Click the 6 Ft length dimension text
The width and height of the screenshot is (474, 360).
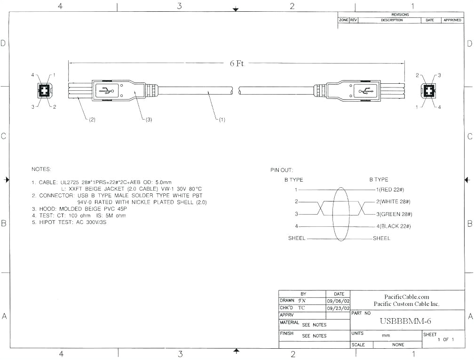237,63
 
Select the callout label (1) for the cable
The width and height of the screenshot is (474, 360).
222,120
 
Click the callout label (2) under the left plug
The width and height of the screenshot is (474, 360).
92,120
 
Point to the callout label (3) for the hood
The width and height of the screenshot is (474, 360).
149,120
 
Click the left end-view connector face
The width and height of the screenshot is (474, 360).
45,90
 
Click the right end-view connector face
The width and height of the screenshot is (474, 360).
428,91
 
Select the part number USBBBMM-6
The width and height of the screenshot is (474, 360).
405,321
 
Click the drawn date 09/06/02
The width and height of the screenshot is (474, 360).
338,301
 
